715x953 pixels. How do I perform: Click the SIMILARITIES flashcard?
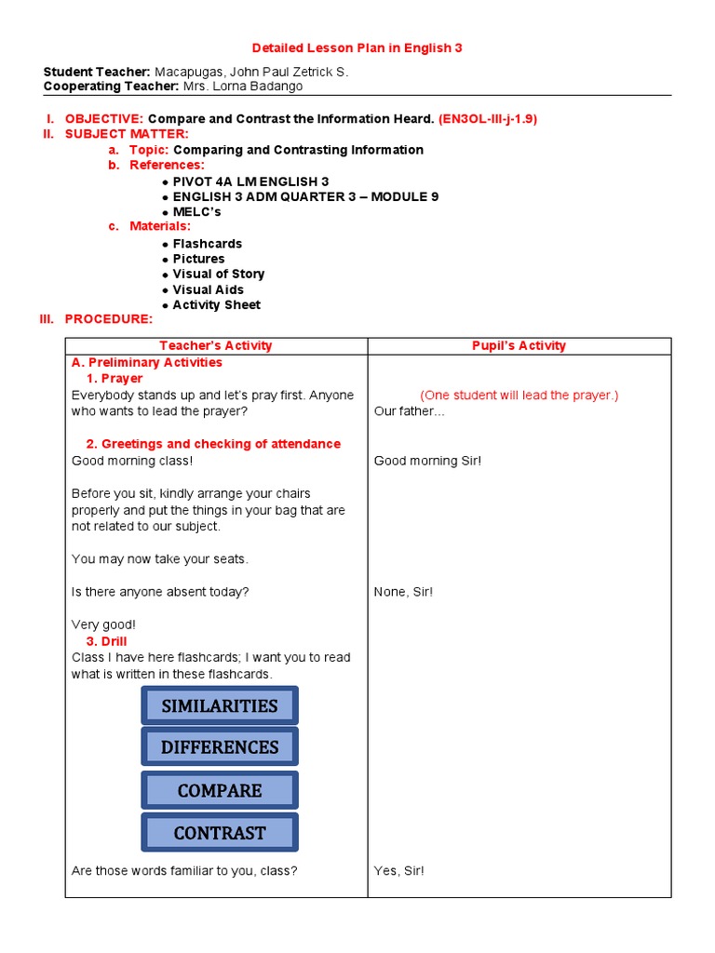(220, 705)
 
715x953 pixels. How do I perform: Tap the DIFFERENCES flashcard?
(220, 747)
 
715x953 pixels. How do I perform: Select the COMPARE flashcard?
(220, 790)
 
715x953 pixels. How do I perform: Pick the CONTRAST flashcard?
(220, 833)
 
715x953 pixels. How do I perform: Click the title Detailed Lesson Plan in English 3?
(357, 47)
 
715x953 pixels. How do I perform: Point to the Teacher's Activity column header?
(216, 345)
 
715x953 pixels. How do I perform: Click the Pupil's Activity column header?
(519, 345)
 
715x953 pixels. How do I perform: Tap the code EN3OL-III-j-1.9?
(488, 119)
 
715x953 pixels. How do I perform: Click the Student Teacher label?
(97, 72)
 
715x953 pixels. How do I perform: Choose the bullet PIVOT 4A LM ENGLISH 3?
(250, 181)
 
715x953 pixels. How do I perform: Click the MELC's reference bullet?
(196, 212)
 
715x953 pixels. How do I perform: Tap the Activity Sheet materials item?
(216, 305)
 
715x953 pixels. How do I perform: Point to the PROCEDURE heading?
(107, 319)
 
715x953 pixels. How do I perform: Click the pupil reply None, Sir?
(403, 592)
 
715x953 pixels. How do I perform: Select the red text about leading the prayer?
(519, 396)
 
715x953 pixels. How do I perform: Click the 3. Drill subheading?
(106, 641)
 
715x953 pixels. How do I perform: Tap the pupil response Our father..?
(410, 411)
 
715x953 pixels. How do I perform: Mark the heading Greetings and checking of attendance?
(213, 444)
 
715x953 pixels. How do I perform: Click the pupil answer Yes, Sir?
(399, 871)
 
